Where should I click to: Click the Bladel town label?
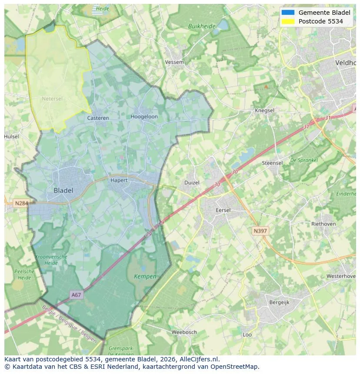click(x=63, y=190)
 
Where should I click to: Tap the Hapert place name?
click(x=119, y=180)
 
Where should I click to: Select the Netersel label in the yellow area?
click(x=52, y=99)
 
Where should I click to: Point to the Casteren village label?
click(x=98, y=118)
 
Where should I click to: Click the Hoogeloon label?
click(x=144, y=116)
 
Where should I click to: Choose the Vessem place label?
click(x=174, y=62)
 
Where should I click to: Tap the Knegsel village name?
click(x=264, y=110)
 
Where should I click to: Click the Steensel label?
click(x=272, y=163)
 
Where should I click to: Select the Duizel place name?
click(x=192, y=182)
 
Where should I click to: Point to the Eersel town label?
click(x=223, y=210)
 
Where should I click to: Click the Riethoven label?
click(x=323, y=224)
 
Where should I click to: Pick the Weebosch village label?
click(x=184, y=332)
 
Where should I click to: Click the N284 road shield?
click(x=21, y=203)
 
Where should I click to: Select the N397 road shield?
click(x=260, y=231)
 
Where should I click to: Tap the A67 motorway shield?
click(x=76, y=295)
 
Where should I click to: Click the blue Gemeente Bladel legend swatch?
click(x=288, y=13)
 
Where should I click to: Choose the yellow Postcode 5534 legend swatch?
click(x=288, y=21)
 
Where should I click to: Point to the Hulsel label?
click(x=12, y=136)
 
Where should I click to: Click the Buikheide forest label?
click(x=202, y=26)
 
